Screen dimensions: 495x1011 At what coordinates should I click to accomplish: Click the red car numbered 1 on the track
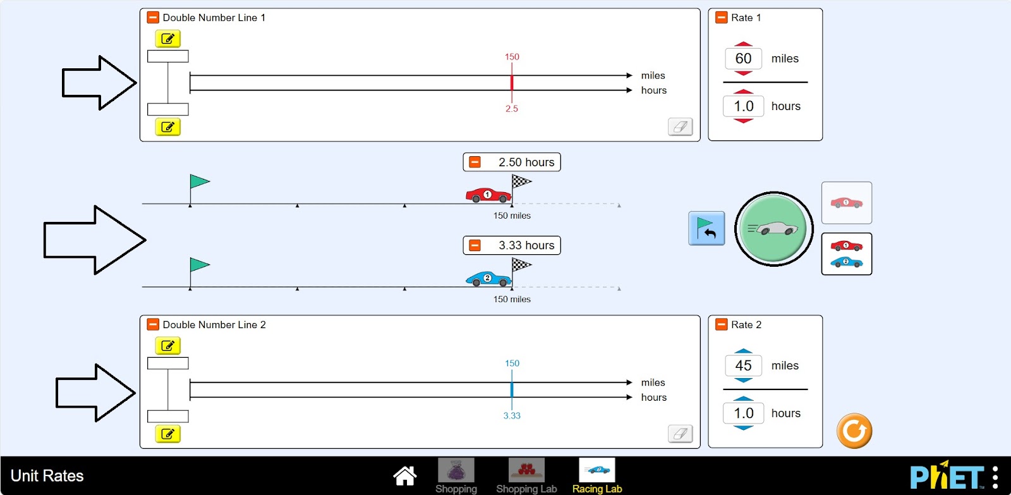[487, 195]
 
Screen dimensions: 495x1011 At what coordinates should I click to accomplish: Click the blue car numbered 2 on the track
[487, 278]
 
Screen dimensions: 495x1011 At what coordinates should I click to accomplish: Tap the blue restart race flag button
[706, 228]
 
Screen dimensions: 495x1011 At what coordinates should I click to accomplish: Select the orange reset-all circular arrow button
[854, 431]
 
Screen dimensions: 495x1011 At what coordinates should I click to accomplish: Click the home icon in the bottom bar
[404, 475]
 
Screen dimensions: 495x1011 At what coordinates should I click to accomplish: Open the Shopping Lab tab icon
[526, 471]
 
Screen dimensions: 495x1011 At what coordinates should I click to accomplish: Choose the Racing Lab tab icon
[597, 471]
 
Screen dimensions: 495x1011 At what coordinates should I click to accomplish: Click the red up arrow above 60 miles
[744, 44]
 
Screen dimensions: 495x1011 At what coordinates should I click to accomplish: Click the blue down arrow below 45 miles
[744, 381]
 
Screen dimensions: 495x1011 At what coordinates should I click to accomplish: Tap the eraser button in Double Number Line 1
[680, 126]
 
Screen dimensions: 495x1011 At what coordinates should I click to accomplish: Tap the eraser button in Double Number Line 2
[680, 434]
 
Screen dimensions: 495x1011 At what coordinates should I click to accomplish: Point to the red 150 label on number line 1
[512, 57]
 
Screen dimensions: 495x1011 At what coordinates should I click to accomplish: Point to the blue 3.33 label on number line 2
[512, 415]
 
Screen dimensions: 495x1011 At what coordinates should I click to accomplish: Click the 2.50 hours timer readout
[526, 162]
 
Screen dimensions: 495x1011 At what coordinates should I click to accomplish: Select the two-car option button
[846, 254]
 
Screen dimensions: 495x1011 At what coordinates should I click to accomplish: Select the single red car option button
[846, 203]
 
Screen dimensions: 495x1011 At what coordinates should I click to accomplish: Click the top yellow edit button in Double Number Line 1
[167, 39]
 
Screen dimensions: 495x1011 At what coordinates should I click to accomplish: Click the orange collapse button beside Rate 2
[721, 324]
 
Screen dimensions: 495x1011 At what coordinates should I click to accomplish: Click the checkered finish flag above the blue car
[521, 266]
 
